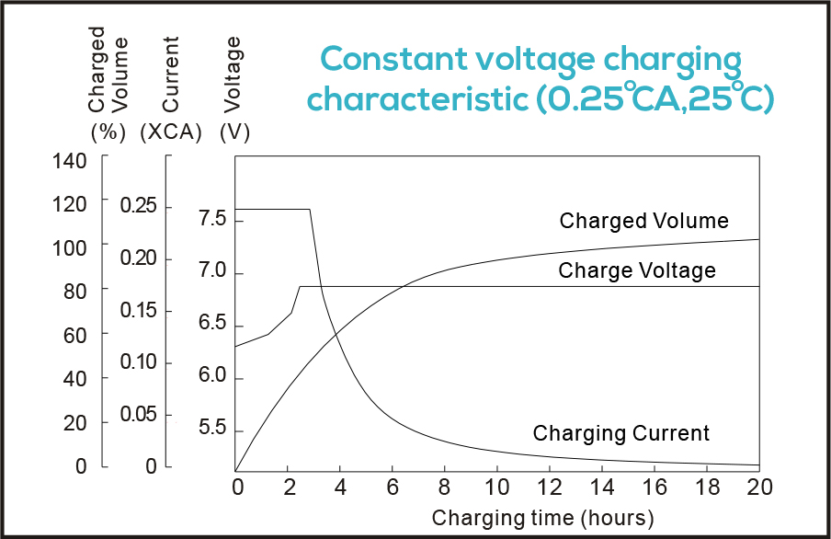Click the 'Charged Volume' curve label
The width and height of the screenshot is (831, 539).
pyautogui.click(x=643, y=221)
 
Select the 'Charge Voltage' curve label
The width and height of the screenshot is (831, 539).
pyautogui.click(x=636, y=270)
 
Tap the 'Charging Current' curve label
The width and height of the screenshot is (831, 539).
pyautogui.click(x=621, y=433)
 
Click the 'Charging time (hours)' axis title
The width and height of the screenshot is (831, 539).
pyautogui.click(x=542, y=516)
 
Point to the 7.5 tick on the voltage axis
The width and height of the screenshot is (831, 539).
pyautogui.click(x=213, y=219)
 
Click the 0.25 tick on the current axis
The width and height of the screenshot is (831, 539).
pyautogui.click(x=139, y=206)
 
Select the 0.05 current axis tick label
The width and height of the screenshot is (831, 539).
pyautogui.click(x=139, y=415)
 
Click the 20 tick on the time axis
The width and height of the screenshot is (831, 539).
pyautogui.click(x=759, y=486)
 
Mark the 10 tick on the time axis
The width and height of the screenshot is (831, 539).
pyautogui.click(x=497, y=486)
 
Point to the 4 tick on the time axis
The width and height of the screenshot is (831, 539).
pyautogui.click(x=340, y=486)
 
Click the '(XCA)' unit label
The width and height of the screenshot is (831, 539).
pyautogui.click(x=171, y=132)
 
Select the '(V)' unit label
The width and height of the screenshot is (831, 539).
pyautogui.click(x=234, y=132)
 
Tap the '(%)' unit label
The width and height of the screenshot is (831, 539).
pyautogui.click(x=108, y=132)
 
